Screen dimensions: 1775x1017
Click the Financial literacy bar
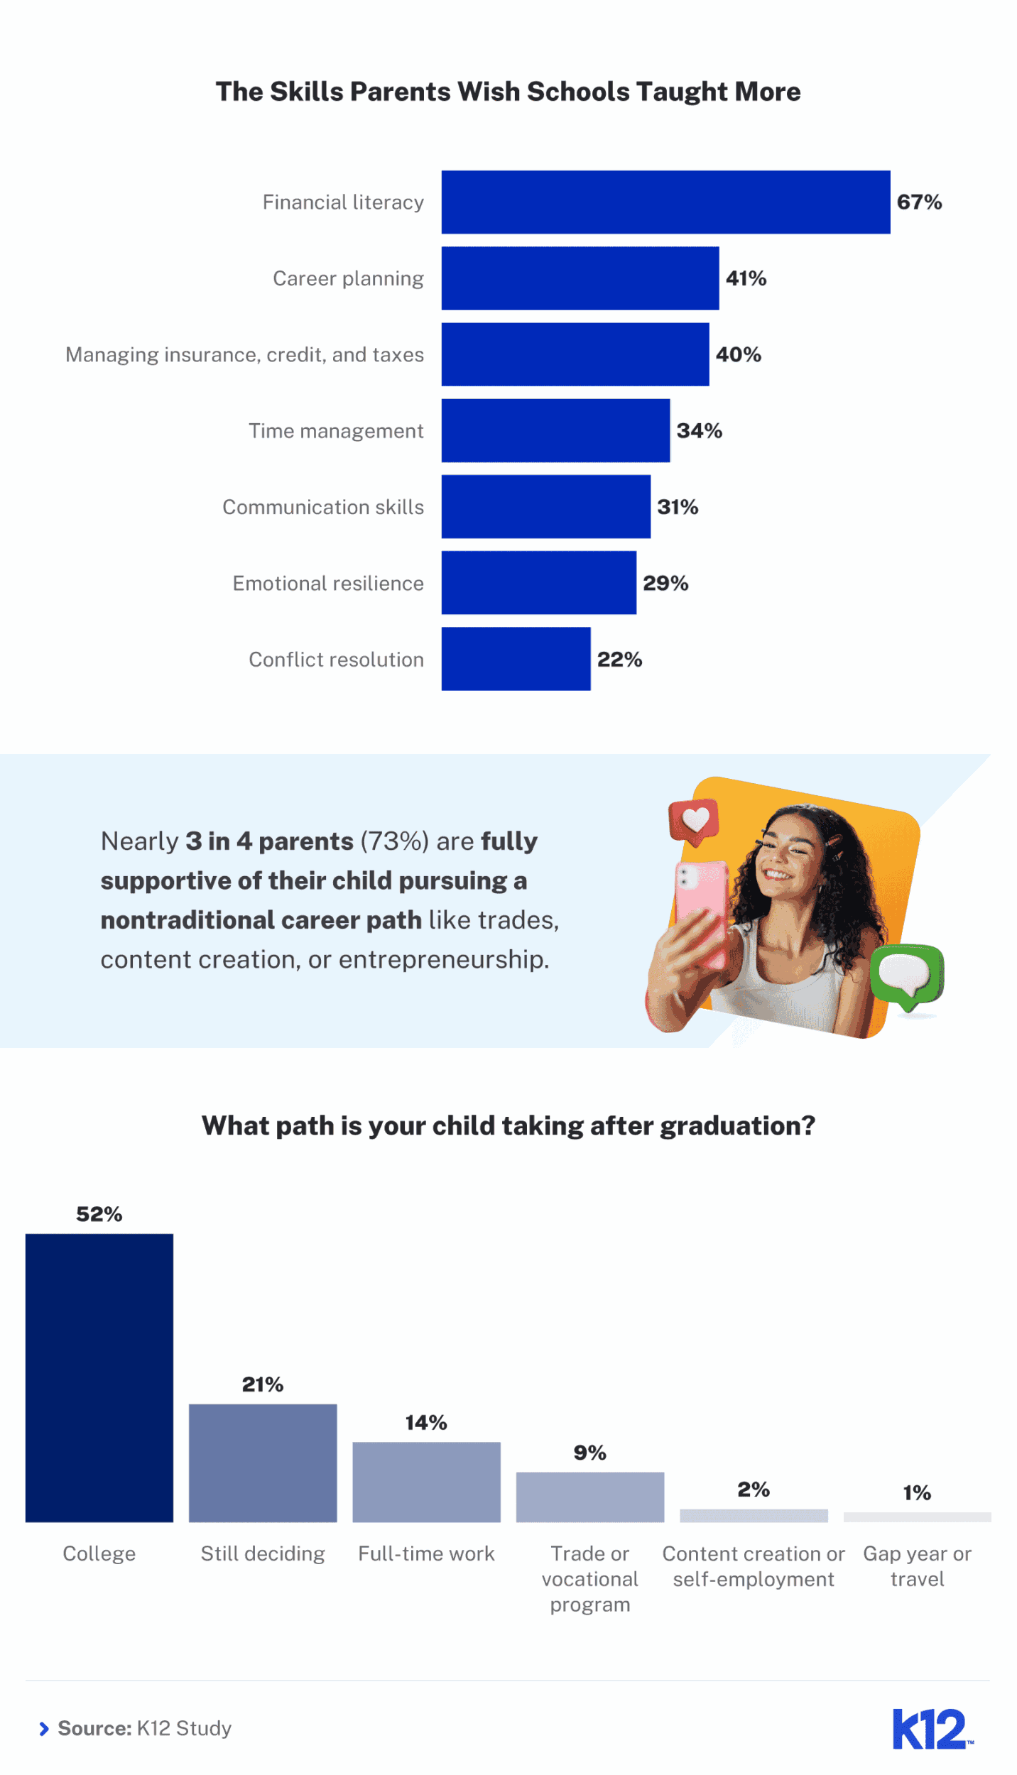click(x=665, y=202)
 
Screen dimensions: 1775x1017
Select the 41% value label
click(x=746, y=278)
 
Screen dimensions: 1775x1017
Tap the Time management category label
click(x=336, y=431)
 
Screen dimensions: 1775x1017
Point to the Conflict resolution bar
click(x=516, y=659)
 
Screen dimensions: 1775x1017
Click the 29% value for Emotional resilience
click(x=665, y=583)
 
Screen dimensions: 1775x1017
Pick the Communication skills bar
click(x=545, y=507)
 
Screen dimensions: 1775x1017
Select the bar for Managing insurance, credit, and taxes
click(x=575, y=354)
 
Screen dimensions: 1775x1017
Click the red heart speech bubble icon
click(x=694, y=821)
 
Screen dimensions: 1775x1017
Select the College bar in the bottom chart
click(x=99, y=1377)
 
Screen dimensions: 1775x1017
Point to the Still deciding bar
click(x=263, y=1463)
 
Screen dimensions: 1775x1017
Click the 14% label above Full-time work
click(x=426, y=1422)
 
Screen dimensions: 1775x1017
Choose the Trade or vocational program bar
click(x=589, y=1497)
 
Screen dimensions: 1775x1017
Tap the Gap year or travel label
click(x=917, y=1566)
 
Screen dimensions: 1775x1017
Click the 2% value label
click(x=754, y=1489)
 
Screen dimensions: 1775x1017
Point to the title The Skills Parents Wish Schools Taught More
click(x=508, y=92)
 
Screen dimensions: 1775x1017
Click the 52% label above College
click(x=99, y=1214)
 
